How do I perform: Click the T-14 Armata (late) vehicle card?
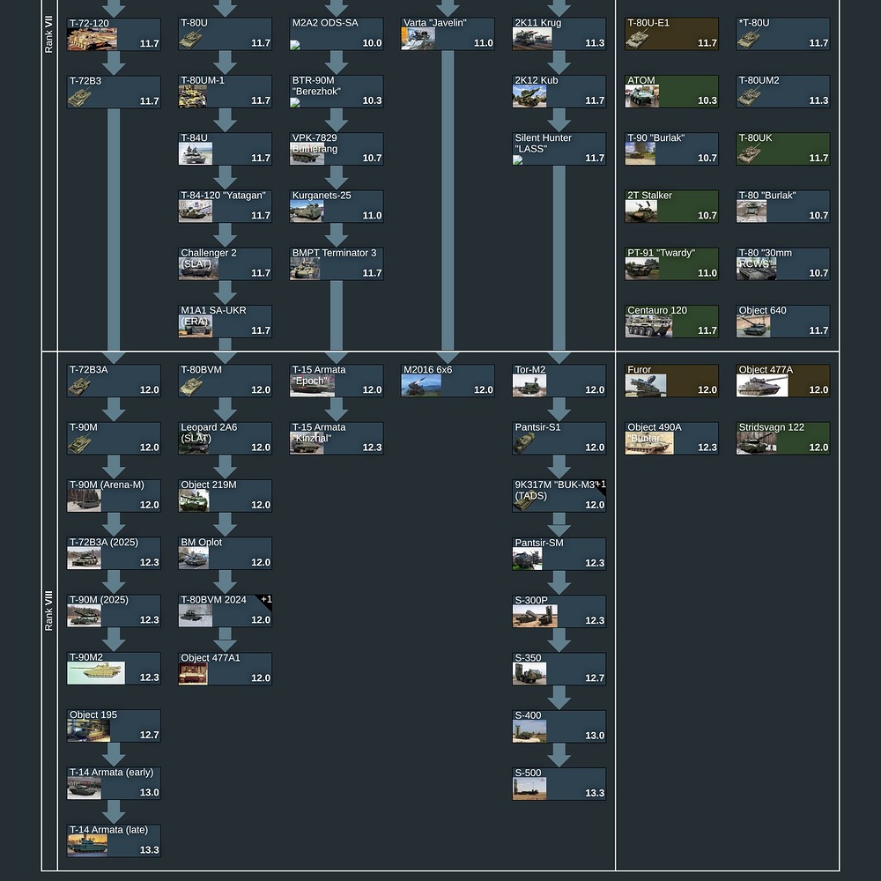[114, 840]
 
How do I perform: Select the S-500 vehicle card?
[559, 783]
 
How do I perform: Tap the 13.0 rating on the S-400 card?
[595, 736]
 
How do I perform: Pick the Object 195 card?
[114, 726]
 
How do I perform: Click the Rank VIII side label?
[49, 611]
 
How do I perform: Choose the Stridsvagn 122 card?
[782, 438]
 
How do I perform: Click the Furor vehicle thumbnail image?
[645, 386]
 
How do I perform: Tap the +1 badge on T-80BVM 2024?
[265, 600]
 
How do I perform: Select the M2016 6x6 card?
[448, 381]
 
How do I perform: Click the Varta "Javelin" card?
[448, 33]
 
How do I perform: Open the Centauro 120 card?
[671, 321]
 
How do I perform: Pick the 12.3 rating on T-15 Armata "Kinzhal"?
[372, 448]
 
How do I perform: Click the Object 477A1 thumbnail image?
[193, 674]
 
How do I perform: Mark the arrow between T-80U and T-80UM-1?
[226, 63]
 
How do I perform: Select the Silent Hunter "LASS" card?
[559, 148]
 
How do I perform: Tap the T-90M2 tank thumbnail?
[95, 674]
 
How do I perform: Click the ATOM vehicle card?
[671, 91]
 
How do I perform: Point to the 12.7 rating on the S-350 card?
[595, 678]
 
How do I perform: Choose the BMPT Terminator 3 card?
[337, 263]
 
